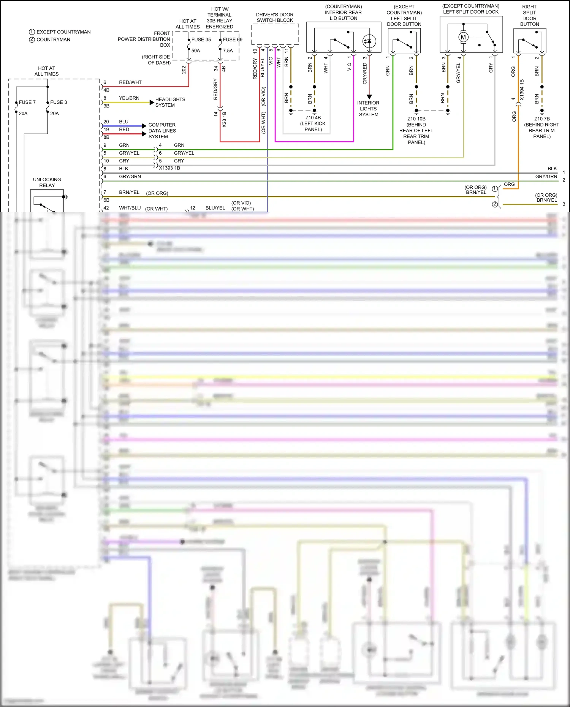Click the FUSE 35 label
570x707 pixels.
coord(201,40)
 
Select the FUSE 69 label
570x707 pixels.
coord(233,40)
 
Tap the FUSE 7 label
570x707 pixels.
coord(27,102)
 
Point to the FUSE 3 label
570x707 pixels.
coord(59,102)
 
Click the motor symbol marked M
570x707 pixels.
coord(463,37)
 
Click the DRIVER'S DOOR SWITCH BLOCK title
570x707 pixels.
coord(275,17)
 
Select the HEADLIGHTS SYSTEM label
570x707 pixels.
coord(170,102)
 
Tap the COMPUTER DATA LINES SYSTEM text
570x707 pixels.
coord(162,131)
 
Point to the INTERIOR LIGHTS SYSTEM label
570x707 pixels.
coord(368,109)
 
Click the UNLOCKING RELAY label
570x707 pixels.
coord(47,182)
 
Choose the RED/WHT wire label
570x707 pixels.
coord(130,82)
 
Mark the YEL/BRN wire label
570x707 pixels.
coord(129,98)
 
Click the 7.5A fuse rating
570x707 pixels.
coord(228,51)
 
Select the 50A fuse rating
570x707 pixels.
coord(196,51)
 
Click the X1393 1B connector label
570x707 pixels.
coord(169,168)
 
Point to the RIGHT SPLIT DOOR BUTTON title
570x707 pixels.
coord(529,16)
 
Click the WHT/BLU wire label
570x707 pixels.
coord(130,208)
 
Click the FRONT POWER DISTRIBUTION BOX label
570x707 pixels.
coord(144,39)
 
